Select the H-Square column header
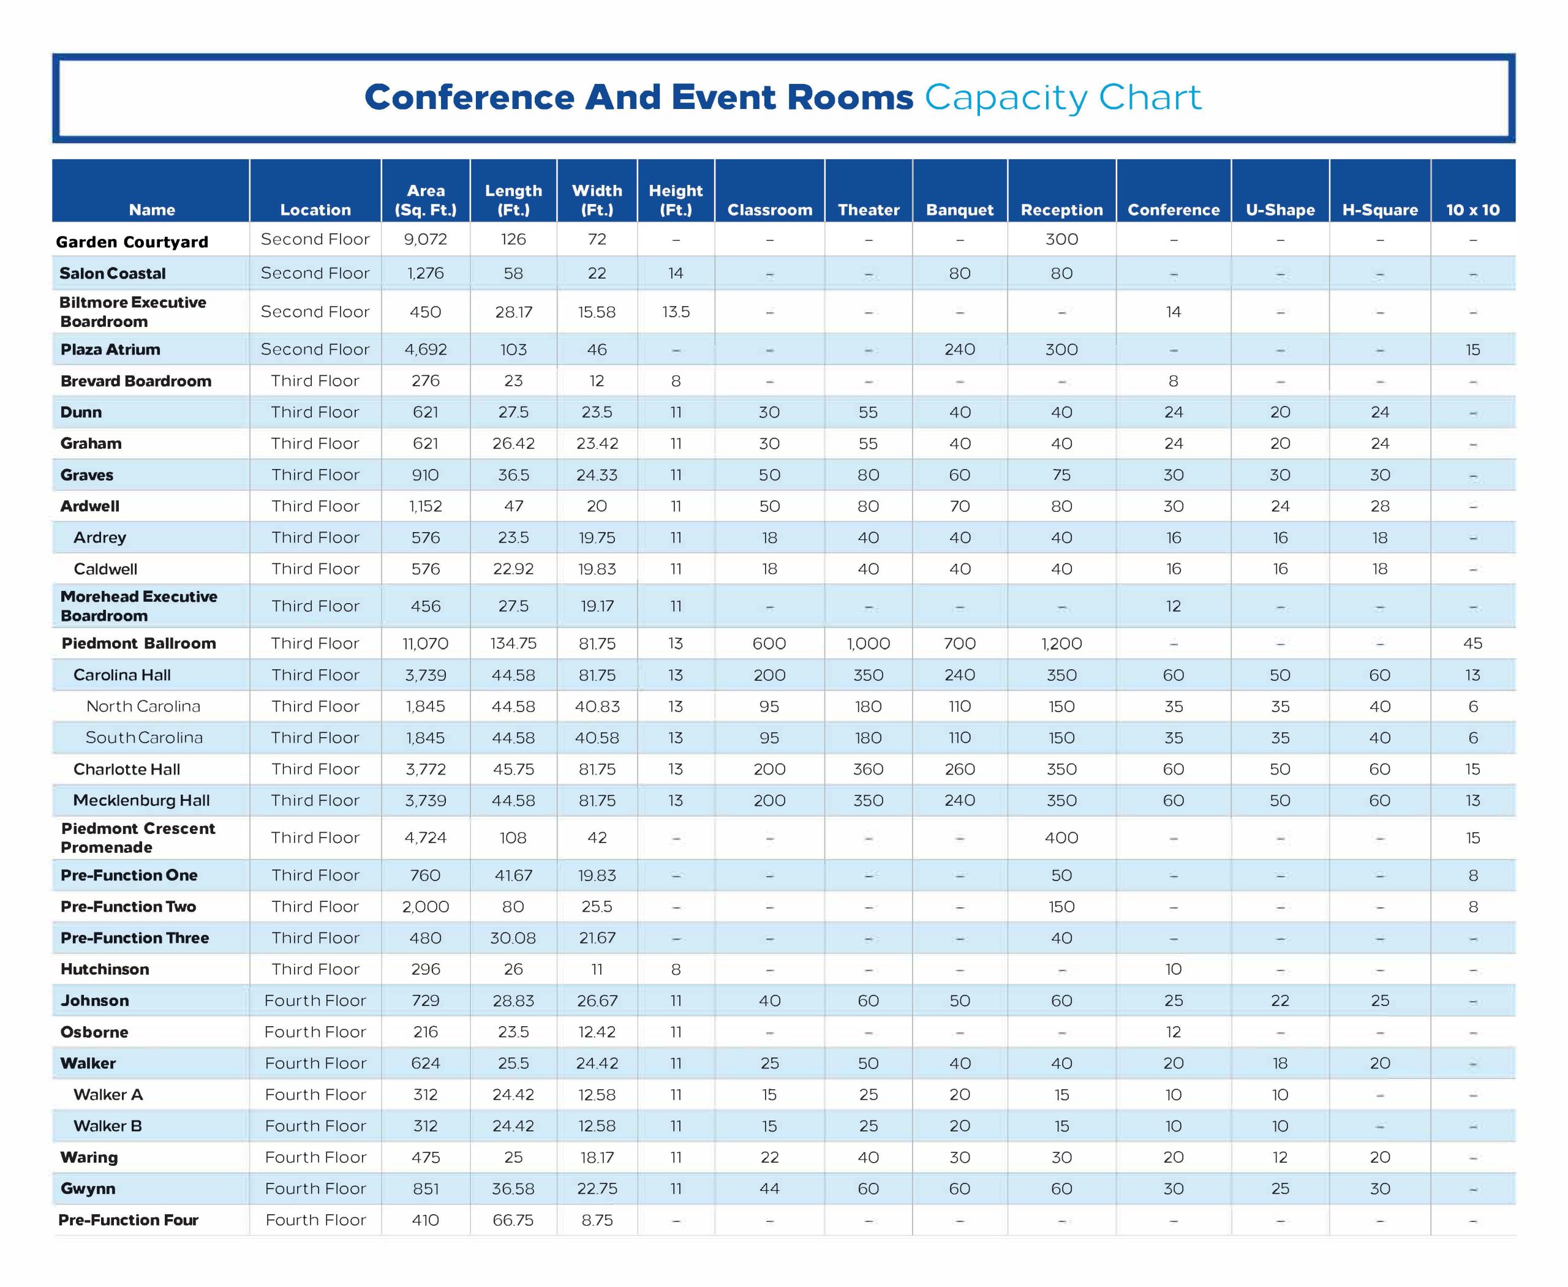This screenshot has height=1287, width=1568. coord(1379,210)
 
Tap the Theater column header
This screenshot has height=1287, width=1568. coord(868,210)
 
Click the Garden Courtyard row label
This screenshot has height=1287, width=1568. coord(132,242)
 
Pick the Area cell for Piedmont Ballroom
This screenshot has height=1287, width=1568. coord(425,643)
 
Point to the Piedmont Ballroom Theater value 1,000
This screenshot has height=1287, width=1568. coord(868,643)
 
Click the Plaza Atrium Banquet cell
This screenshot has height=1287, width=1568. coord(959,349)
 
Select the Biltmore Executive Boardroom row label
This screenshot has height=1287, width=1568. coord(133,312)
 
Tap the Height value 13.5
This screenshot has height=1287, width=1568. coord(676,312)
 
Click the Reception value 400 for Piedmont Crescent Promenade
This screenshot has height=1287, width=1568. coord(1061,838)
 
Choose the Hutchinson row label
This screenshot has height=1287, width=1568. coord(105,969)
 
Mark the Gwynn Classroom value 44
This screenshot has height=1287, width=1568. coord(769,1188)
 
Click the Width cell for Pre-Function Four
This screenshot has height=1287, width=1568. coord(597,1220)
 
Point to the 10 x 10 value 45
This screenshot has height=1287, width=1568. coord(1472,643)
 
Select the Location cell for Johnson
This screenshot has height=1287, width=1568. coord(315,1000)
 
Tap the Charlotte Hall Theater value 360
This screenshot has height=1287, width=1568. coord(868,769)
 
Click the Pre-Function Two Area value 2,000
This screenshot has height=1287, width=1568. coord(425,906)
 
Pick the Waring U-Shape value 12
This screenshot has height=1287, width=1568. coord(1280,1157)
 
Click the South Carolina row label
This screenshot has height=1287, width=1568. coord(144,738)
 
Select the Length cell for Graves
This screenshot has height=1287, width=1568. coord(513,475)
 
